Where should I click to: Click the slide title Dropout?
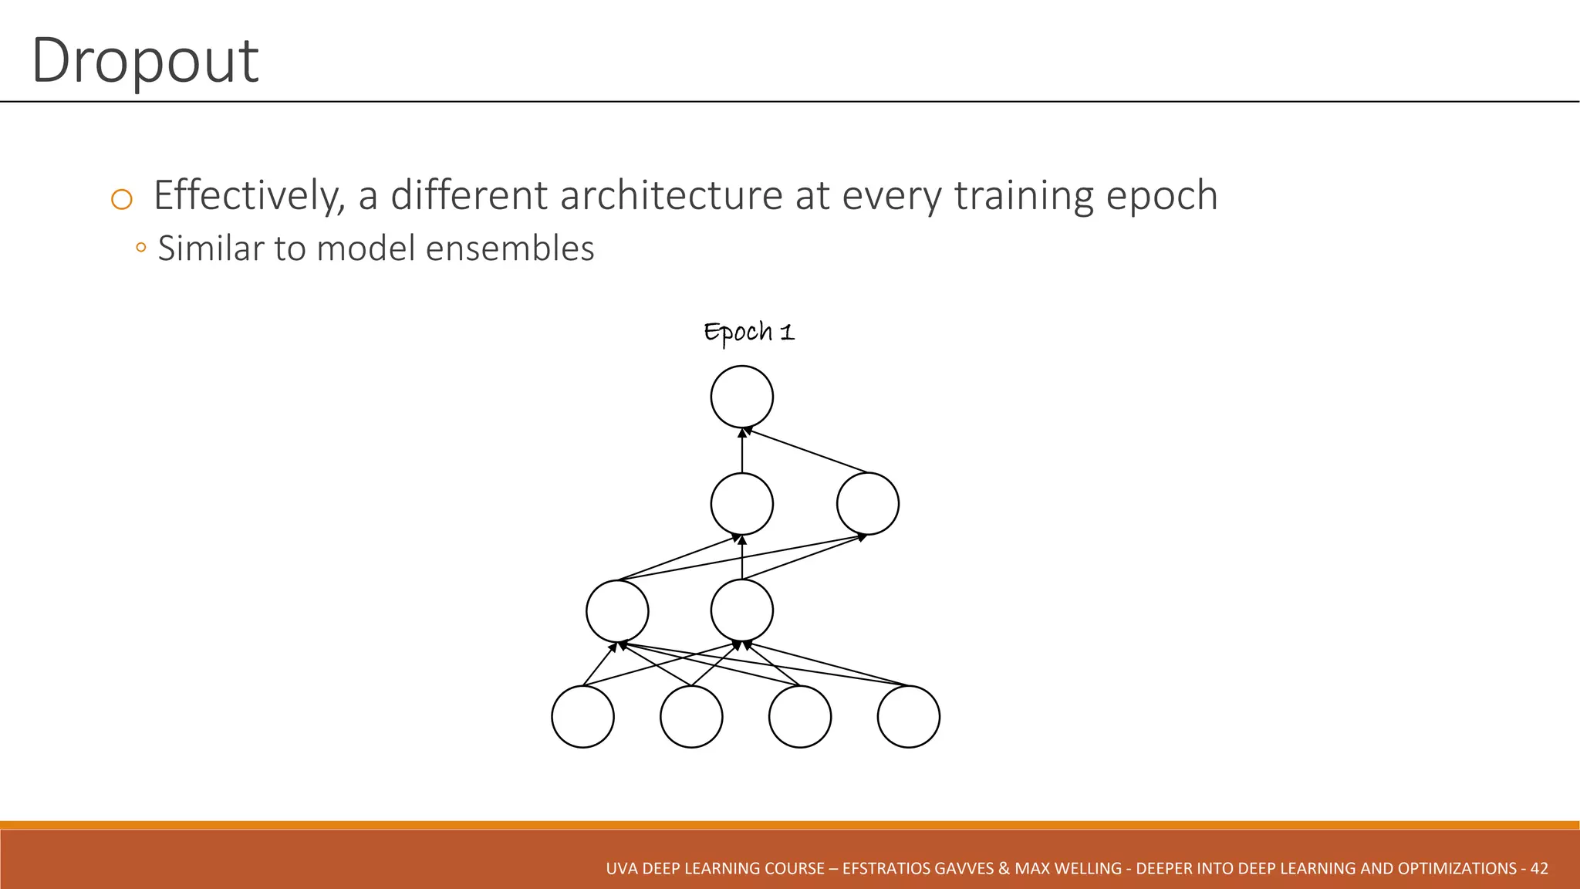pos(144,62)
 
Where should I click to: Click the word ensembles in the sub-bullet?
pos(509,248)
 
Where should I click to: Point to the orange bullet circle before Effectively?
pos(122,200)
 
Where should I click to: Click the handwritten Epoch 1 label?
pos(748,333)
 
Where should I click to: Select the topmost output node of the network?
pos(741,397)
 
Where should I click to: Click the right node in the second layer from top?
pos(867,504)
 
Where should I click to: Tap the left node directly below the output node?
pos(741,504)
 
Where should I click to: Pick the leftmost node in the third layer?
pos(617,611)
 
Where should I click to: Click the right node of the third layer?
pos(741,611)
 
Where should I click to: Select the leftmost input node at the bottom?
pos(582,716)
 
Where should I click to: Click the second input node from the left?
pos(691,716)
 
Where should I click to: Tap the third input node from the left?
pos(800,716)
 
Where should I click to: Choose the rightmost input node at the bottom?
pos(908,716)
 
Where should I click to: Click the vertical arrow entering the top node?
pos(741,451)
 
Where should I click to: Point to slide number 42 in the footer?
pos(1539,868)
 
